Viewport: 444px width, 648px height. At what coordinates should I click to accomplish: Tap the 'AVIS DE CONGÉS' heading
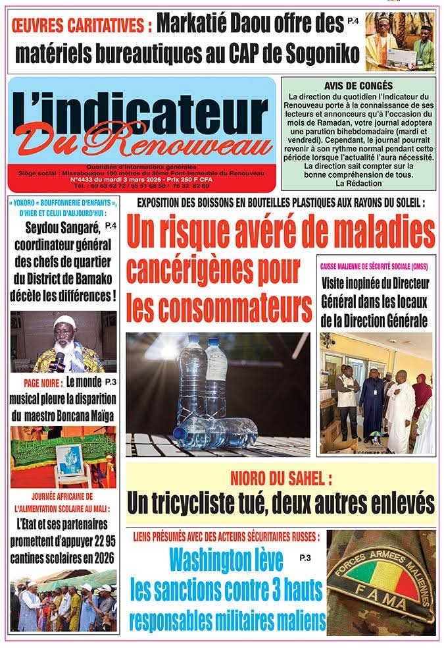click(358, 86)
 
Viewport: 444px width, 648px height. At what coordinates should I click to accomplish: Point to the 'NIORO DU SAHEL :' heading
click(280, 477)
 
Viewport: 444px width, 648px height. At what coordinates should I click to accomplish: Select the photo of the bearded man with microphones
click(63, 342)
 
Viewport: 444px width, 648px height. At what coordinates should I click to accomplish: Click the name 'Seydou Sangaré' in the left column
click(63, 229)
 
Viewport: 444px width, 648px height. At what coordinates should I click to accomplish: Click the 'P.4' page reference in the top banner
click(354, 22)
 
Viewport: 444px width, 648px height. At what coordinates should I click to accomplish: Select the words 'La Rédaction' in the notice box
click(358, 183)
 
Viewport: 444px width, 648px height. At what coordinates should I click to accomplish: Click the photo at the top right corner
click(400, 41)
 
